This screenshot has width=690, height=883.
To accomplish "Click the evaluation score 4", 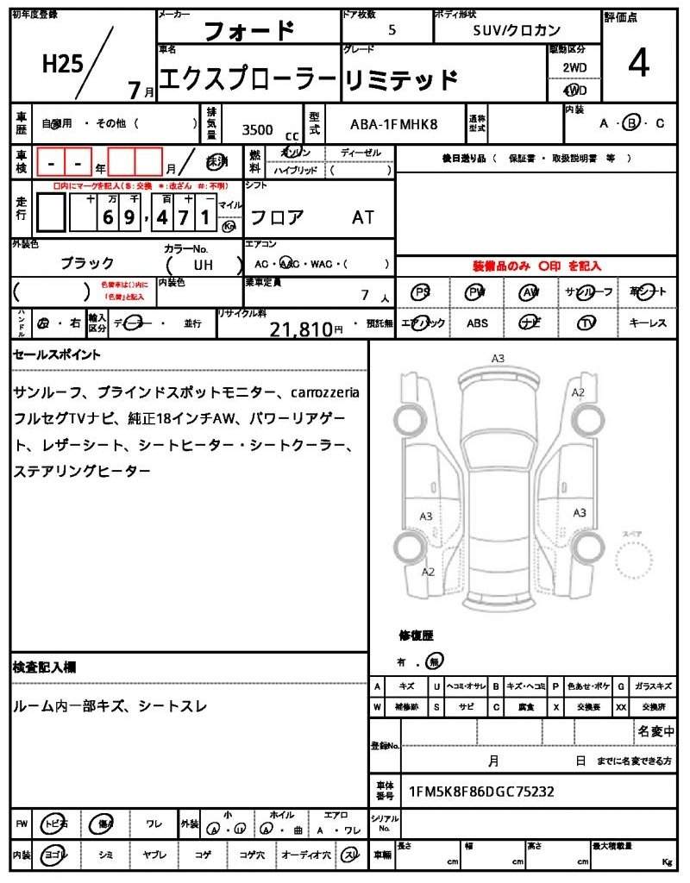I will coord(639,65).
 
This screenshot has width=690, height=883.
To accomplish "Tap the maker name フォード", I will coord(248,32).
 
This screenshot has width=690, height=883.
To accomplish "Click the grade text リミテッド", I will coord(400,81).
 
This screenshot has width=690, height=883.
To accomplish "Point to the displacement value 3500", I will coord(257,129).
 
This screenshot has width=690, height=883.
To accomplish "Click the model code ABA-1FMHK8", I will coord(393,124).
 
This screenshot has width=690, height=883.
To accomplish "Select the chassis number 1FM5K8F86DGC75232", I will coord(481,791).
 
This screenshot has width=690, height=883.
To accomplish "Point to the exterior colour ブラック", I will coord(86,263).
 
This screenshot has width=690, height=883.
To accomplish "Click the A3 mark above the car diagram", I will coord(498,358).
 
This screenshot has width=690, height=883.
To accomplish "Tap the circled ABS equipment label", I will coord(477,323).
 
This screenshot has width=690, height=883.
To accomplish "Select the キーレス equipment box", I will coord(648,323).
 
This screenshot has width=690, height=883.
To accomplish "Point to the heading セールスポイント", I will coord(57,354).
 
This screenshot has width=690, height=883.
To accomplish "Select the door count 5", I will coord(392,29).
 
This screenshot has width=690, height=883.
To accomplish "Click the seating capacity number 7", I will coord(366,296).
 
